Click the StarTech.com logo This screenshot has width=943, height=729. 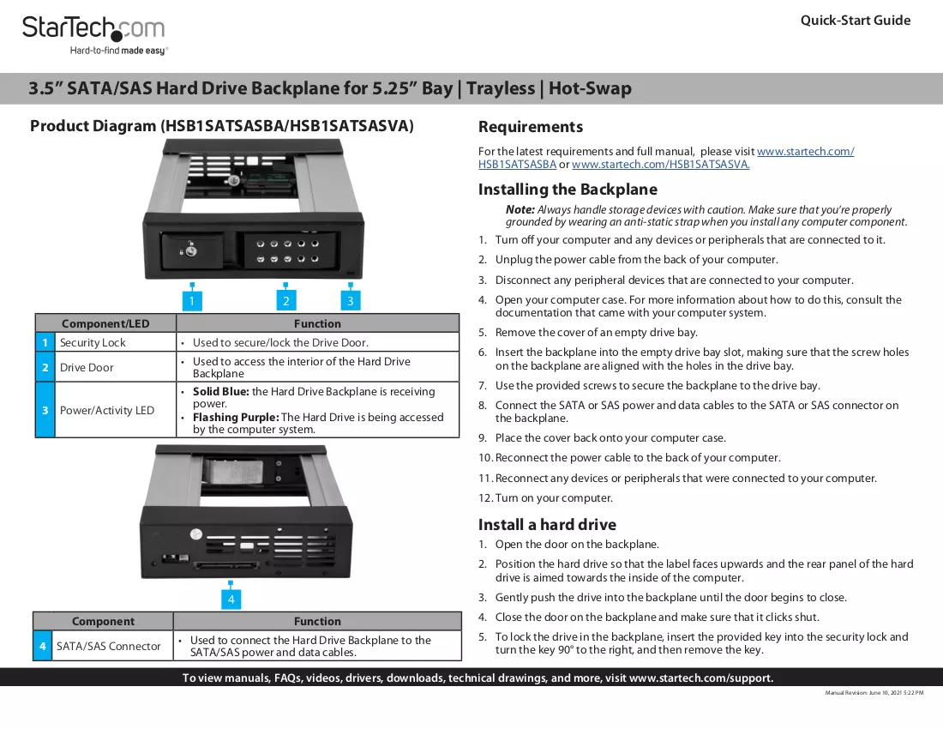pyautogui.click(x=93, y=35)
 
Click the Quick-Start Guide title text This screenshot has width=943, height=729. pyautogui.click(x=856, y=21)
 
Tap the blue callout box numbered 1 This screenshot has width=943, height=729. pyautogui.click(x=192, y=301)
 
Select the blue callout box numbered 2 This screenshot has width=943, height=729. pyautogui.click(x=285, y=301)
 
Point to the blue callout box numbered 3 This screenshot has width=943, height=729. pyautogui.click(x=351, y=301)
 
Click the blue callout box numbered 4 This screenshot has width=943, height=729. pyautogui.click(x=231, y=599)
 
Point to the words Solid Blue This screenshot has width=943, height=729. pyautogui.click(x=220, y=392)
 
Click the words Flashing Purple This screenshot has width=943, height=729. pyautogui.click(x=236, y=418)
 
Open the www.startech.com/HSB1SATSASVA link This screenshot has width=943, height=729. pyautogui.click(x=660, y=164)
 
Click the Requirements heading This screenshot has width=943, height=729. pyautogui.click(x=531, y=127)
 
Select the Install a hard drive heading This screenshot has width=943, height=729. pyautogui.click(x=547, y=525)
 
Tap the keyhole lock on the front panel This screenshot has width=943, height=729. pyautogui.click(x=190, y=250)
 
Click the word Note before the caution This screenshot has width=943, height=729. pyautogui.click(x=520, y=210)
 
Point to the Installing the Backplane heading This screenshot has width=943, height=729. pyautogui.click(x=568, y=190)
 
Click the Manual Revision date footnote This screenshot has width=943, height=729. pyautogui.click(x=874, y=693)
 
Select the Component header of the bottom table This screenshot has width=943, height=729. pyautogui.click(x=103, y=621)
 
